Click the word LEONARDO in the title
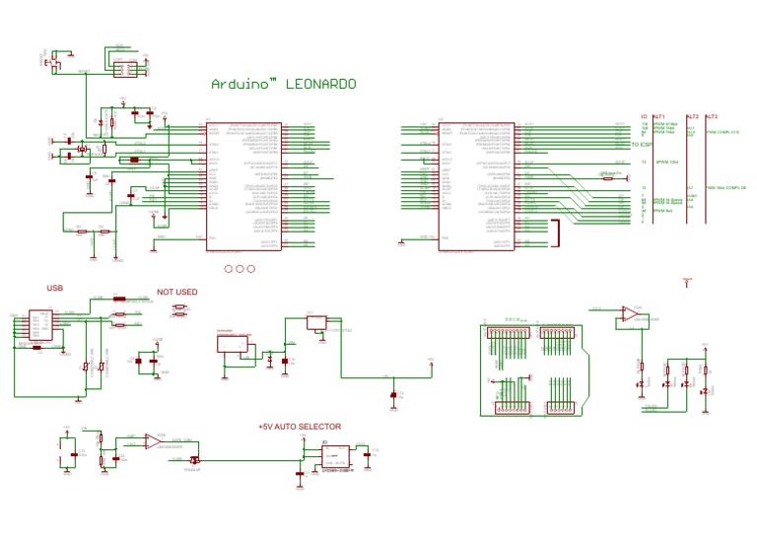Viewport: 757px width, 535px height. [x=320, y=84]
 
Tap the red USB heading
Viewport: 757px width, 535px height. [x=55, y=289]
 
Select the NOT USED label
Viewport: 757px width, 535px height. [x=177, y=292]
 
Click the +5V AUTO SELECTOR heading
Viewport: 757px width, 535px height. [x=300, y=427]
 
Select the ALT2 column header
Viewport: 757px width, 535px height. [x=692, y=115]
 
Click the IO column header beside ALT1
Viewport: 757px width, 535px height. [x=644, y=115]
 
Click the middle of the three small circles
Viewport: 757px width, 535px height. [x=240, y=268]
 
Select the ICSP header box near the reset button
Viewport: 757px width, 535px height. [x=125, y=69]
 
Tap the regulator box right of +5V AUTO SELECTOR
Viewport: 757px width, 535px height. [x=335, y=456]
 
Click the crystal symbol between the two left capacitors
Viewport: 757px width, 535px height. [x=85, y=149]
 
